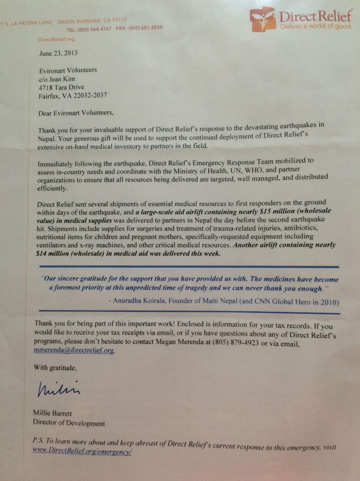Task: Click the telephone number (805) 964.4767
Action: pyautogui.click(x=96, y=29)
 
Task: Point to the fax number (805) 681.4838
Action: pyautogui.click(x=145, y=28)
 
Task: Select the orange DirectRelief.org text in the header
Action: pyautogui.click(x=56, y=39)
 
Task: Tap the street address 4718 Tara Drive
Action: pyautogui.click(x=62, y=87)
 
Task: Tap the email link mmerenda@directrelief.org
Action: pyautogui.click(x=74, y=350)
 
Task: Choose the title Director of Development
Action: pyautogui.click(x=69, y=423)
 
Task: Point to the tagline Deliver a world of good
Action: pyautogui.click(x=316, y=26)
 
